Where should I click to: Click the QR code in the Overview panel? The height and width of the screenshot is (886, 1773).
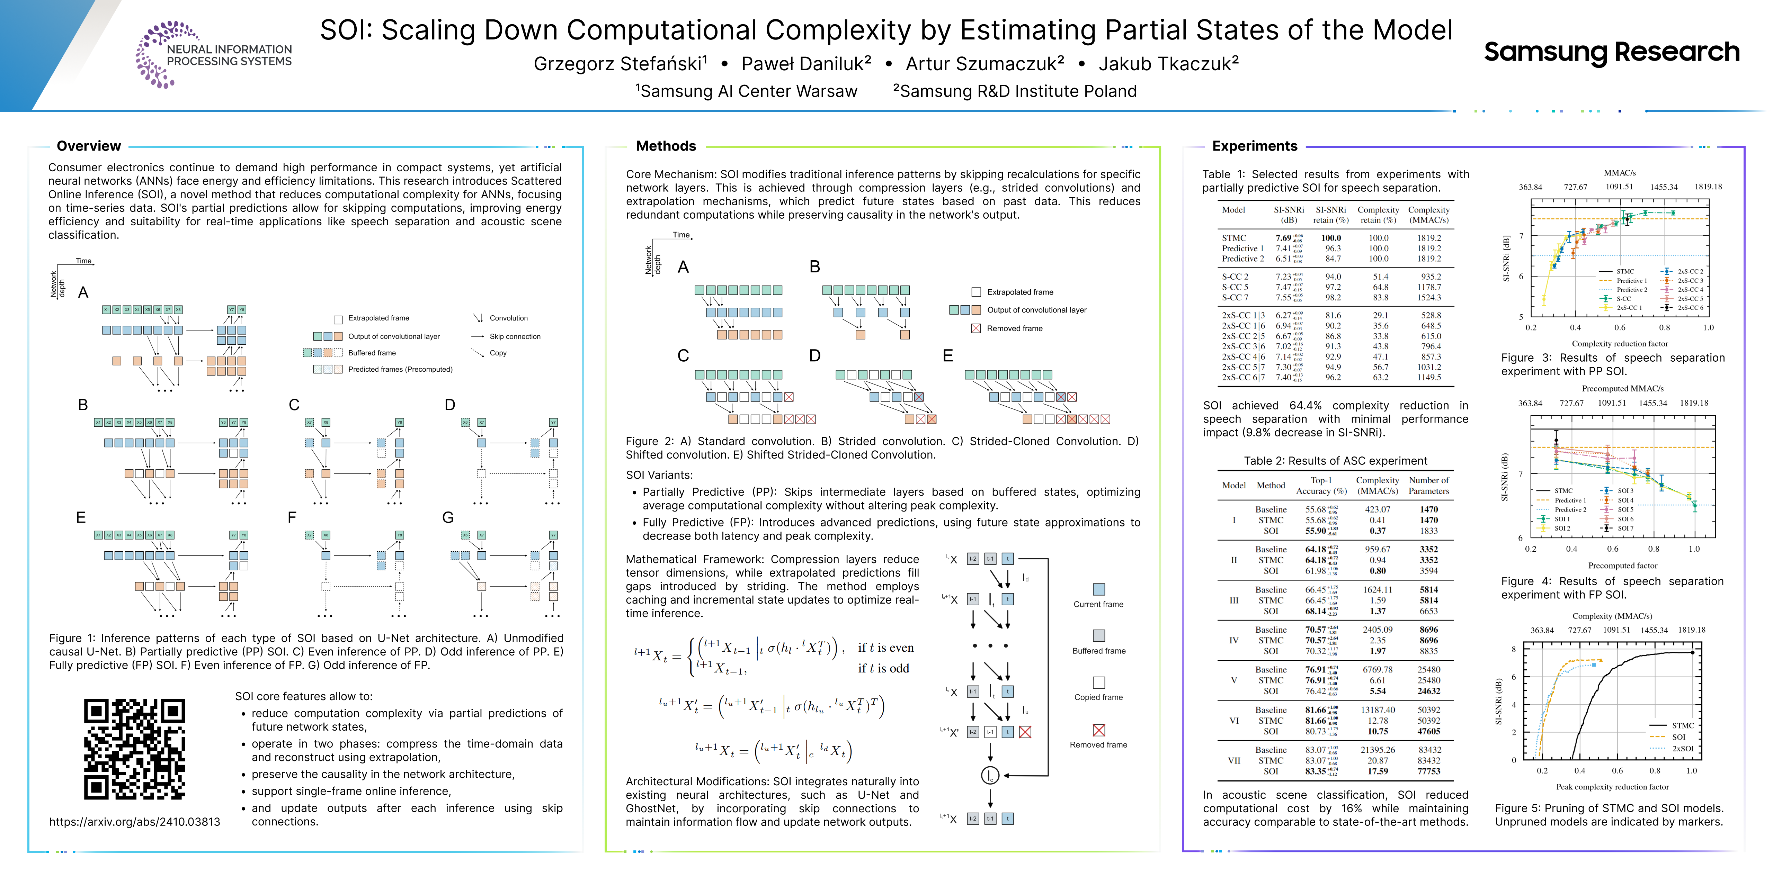point(135,749)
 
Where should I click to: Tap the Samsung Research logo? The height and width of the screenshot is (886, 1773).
point(1611,52)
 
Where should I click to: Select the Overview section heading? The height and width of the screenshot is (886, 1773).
point(89,146)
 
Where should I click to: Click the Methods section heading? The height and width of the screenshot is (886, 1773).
point(666,146)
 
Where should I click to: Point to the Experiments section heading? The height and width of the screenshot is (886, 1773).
point(1254,146)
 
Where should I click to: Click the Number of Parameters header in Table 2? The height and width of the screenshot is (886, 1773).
point(1428,486)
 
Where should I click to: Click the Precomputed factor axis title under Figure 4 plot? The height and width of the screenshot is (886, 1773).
point(1622,566)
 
